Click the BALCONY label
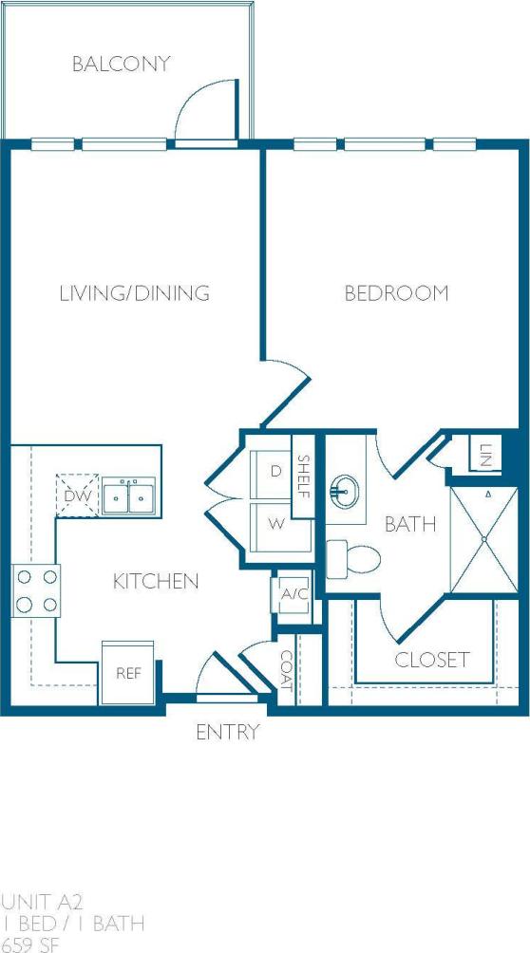[x=122, y=65]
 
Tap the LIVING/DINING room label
[x=134, y=293]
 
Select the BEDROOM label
[x=396, y=293]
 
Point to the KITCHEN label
[x=156, y=581]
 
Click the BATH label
[x=410, y=523]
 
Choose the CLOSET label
[x=432, y=659]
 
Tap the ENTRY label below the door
[x=227, y=733]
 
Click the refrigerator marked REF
[x=128, y=673]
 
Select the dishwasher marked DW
[x=76, y=495]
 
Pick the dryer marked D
[x=275, y=472]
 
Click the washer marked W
[x=275, y=523]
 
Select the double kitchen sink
[x=129, y=495]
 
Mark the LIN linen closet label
[x=485, y=454]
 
